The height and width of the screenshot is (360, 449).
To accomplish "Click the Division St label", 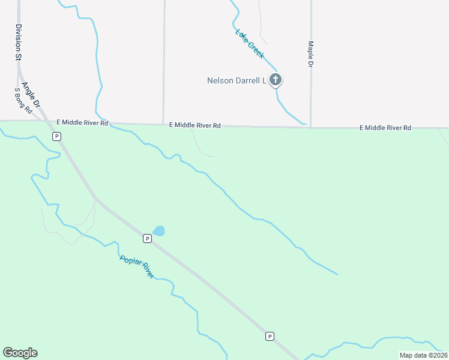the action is coord(19,42).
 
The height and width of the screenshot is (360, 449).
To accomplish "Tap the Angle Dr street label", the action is coord(31,91).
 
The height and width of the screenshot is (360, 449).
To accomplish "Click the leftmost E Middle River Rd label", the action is coord(82,122).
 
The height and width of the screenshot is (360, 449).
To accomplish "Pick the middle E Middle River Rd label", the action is coord(195,125).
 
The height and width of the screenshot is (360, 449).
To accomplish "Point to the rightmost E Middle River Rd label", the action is coord(385,128).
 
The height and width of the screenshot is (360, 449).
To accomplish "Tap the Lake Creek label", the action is coord(250,44).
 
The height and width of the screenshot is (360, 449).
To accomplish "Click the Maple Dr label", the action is coord(311,53).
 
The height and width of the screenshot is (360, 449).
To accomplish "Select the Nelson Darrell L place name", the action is coord(236,80).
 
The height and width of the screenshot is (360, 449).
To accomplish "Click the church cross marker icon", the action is coord(276,79).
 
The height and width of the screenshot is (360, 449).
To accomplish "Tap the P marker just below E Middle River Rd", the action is coord(57,136).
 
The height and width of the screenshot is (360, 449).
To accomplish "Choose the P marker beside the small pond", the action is coord(147,238).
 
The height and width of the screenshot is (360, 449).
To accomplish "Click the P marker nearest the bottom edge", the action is coord(270,336).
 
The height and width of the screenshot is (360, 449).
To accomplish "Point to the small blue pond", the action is coord(159,230).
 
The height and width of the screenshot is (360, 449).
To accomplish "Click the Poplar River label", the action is coord(137,267).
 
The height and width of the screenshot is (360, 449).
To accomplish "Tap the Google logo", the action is coord(20,353).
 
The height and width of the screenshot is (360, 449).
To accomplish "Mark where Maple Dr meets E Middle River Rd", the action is coord(310,127).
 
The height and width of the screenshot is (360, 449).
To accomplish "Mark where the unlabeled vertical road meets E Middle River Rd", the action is coord(164,125).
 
